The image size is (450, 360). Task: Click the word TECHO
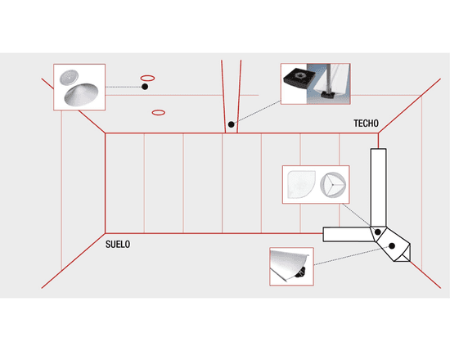click(x=366, y=124)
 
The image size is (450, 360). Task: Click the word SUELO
click(x=118, y=245)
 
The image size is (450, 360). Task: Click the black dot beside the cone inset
click(x=145, y=87)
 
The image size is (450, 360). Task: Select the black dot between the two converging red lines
click(x=232, y=124)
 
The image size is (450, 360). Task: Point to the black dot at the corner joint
click(x=378, y=232)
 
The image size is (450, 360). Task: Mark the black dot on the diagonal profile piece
click(x=392, y=245)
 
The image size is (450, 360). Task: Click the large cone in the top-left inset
click(x=81, y=94)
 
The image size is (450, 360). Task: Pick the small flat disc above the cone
click(x=70, y=78)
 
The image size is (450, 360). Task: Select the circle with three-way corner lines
click(x=333, y=185)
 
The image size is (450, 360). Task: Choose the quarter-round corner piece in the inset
click(x=301, y=184)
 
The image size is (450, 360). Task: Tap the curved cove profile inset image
click(x=291, y=267)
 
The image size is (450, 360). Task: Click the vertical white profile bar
click(x=378, y=188)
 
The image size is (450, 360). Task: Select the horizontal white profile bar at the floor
click(x=348, y=234)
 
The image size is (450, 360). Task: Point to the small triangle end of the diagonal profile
click(x=404, y=257)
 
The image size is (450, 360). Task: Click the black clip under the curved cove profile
click(x=300, y=272)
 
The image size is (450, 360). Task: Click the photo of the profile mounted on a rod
click(x=329, y=83)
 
